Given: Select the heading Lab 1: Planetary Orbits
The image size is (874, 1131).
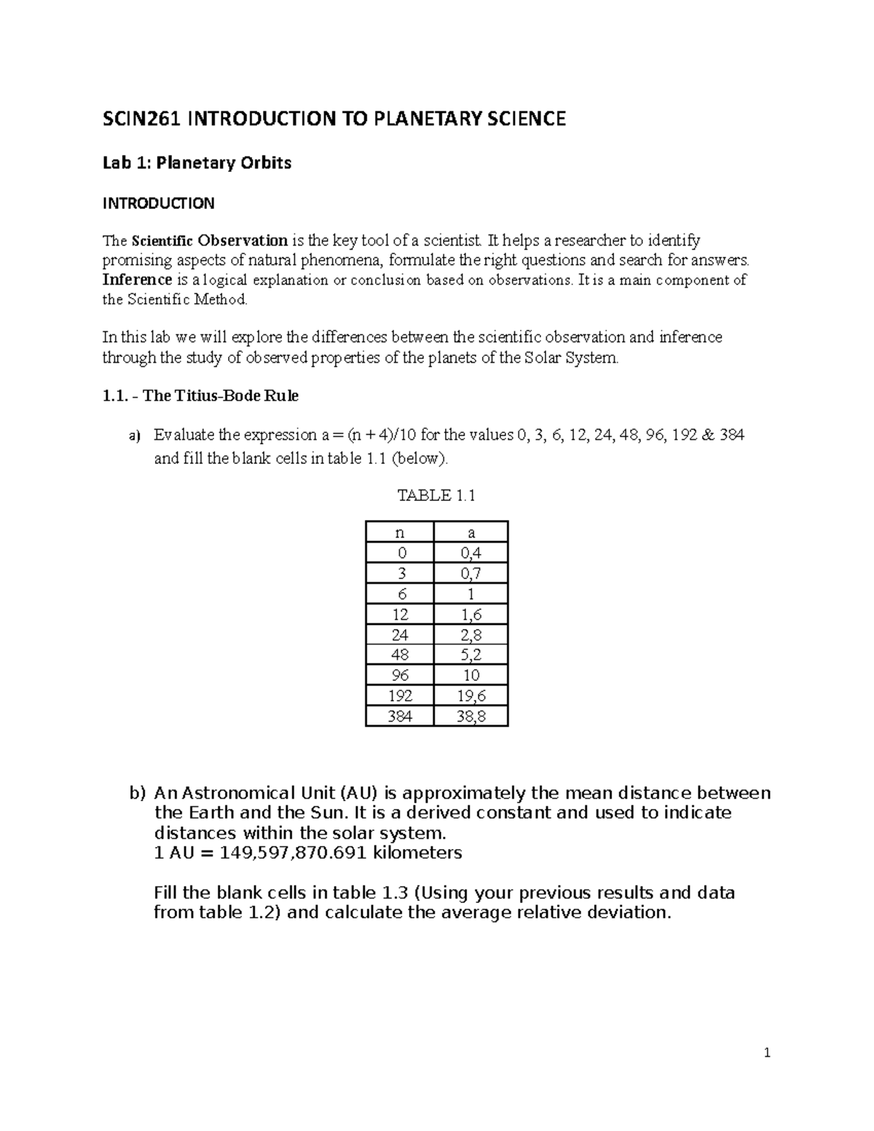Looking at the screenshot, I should (197, 162).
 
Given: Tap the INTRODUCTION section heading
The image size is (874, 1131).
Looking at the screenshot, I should (158, 203).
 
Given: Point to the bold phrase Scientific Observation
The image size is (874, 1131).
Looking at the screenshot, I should (209, 240).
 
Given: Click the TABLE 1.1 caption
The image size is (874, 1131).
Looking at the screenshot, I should (436, 496).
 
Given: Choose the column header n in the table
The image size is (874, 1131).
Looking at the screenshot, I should (399, 532).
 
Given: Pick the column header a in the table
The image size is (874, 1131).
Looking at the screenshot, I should (471, 532).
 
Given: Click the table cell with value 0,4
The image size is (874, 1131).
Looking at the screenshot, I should (471, 553).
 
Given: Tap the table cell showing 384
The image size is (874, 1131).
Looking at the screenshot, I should (399, 716).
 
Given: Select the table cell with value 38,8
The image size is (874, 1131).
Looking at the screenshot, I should (471, 716).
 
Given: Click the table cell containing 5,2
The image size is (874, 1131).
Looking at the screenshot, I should (471, 655).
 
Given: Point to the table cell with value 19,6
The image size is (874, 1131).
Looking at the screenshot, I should (471, 695).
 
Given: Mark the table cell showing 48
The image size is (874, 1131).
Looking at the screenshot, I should (399, 655).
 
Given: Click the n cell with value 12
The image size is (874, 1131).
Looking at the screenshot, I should (399, 614).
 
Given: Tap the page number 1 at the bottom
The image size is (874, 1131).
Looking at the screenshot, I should (767, 1052).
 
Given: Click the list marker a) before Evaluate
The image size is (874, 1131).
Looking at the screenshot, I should (133, 436).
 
